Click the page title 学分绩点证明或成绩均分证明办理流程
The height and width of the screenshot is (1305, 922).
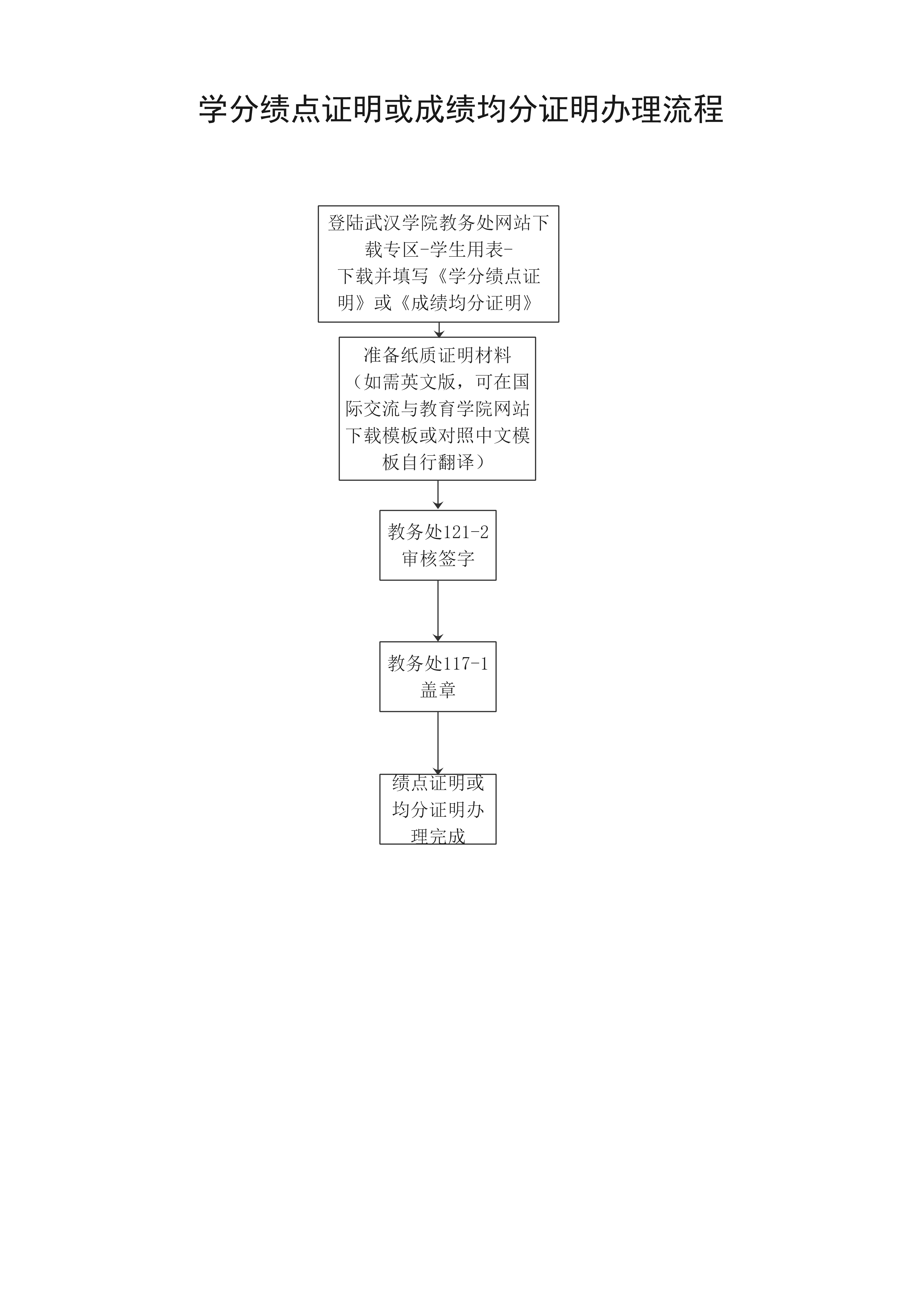click(x=461, y=109)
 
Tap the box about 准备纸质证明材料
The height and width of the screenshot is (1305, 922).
click(x=437, y=409)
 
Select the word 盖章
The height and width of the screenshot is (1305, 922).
click(x=438, y=690)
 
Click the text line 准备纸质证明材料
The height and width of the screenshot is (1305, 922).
click(x=437, y=355)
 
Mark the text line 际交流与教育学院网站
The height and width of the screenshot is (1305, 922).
click(x=437, y=409)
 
